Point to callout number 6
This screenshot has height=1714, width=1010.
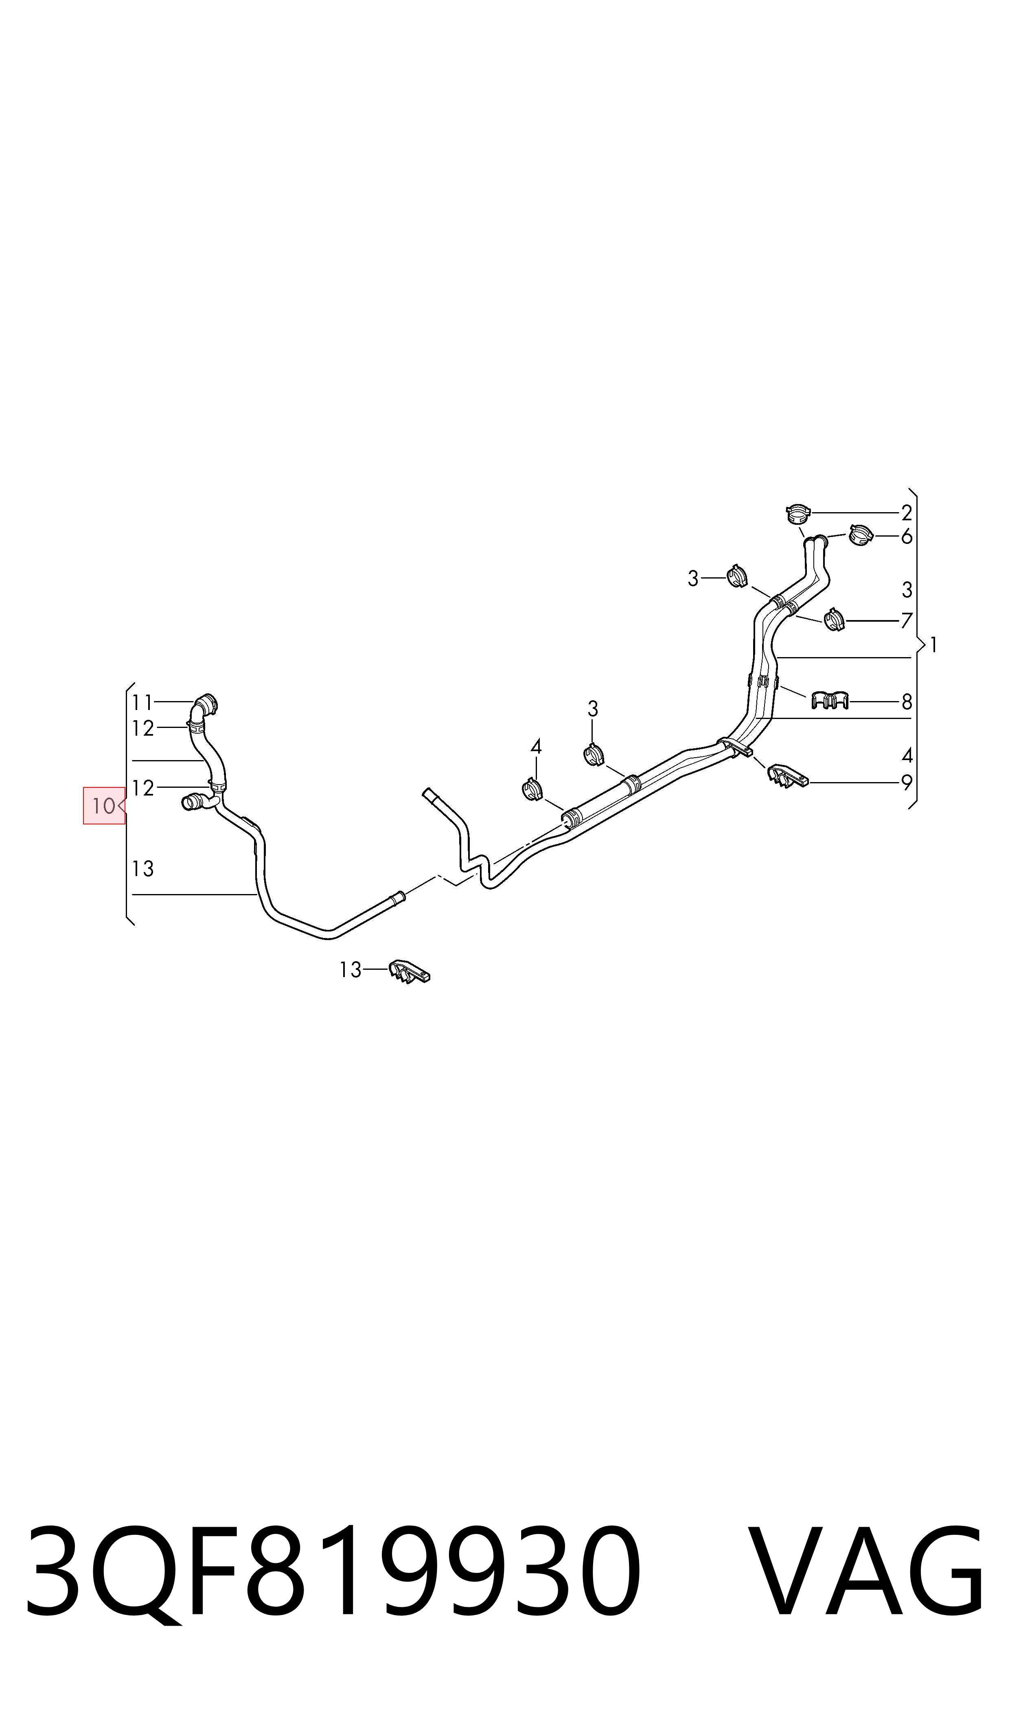pyautogui.click(x=907, y=537)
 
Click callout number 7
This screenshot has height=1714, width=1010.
pyautogui.click(x=907, y=620)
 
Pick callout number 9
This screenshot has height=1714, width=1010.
pyautogui.click(x=907, y=783)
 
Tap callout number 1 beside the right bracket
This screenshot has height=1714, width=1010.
pyautogui.click(x=934, y=644)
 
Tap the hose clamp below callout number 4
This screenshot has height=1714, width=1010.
pyautogui.click(x=532, y=791)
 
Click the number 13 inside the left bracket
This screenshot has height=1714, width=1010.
pyautogui.click(x=143, y=869)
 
